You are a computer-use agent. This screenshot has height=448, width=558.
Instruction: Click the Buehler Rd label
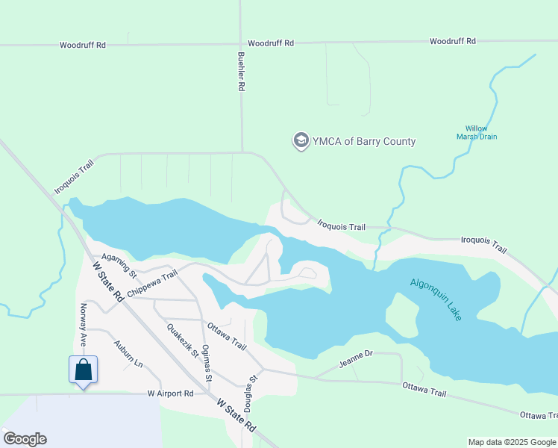click(x=241, y=72)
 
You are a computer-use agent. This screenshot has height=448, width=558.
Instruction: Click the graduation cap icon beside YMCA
click(x=301, y=141)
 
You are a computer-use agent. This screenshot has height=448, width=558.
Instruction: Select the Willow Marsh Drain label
click(x=476, y=132)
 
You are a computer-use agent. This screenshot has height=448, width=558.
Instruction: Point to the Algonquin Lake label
click(x=436, y=299)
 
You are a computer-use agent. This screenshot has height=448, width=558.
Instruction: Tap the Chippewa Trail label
click(x=152, y=284)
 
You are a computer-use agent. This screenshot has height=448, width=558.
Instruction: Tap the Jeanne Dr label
click(x=355, y=361)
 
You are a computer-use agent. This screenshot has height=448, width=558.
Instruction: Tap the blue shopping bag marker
click(x=84, y=370)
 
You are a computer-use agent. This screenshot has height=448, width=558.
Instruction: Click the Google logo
click(x=25, y=439)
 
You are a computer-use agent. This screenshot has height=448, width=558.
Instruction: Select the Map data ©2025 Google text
click(x=511, y=442)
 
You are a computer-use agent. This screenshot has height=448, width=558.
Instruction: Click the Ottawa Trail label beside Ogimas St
click(x=227, y=335)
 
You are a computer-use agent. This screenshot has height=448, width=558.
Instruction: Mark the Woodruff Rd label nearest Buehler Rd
click(x=271, y=43)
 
